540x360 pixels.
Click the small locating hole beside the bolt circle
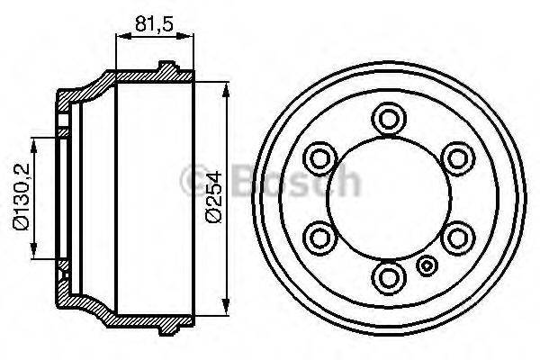pos(427,265)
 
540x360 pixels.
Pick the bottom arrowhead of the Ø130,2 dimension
pos(34,254)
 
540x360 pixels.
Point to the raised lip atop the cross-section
pos(168,66)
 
